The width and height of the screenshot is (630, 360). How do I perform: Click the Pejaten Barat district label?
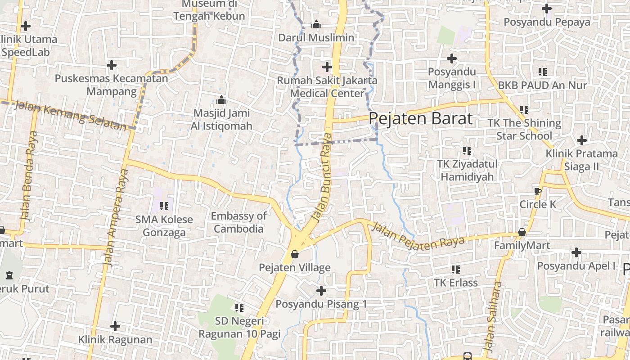pos(421,118)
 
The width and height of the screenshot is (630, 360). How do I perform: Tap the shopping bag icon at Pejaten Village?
pos(295,254)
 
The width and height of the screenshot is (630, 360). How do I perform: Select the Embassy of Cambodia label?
pos(238,222)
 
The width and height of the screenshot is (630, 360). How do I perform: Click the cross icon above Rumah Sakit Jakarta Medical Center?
pos(327,67)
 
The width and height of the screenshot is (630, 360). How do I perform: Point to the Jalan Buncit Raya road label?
pos(323,178)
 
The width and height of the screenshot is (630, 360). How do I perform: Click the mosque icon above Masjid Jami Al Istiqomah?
pos(221,99)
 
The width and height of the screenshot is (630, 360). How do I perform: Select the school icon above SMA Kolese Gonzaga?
pos(164,206)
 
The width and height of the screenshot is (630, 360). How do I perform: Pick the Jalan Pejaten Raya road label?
pos(418,237)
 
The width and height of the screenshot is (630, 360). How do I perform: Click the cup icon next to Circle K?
pos(537,191)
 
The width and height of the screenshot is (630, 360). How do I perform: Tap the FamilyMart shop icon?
pos(522,232)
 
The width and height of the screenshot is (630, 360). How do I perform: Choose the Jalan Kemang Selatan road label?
pos(71,116)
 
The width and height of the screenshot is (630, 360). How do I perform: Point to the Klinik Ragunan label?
pos(115,339)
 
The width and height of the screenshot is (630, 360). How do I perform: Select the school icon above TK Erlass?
pos(456,269)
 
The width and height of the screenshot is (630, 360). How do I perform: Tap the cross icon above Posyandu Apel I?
pos(576,252)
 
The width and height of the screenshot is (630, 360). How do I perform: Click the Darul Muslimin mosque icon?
pos(316,24)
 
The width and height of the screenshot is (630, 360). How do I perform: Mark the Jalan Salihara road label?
pos(492,317)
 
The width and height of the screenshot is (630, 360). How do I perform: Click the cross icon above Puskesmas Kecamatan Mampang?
pos(112,65)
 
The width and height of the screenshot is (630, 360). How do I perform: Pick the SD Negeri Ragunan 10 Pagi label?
pos(239,328)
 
